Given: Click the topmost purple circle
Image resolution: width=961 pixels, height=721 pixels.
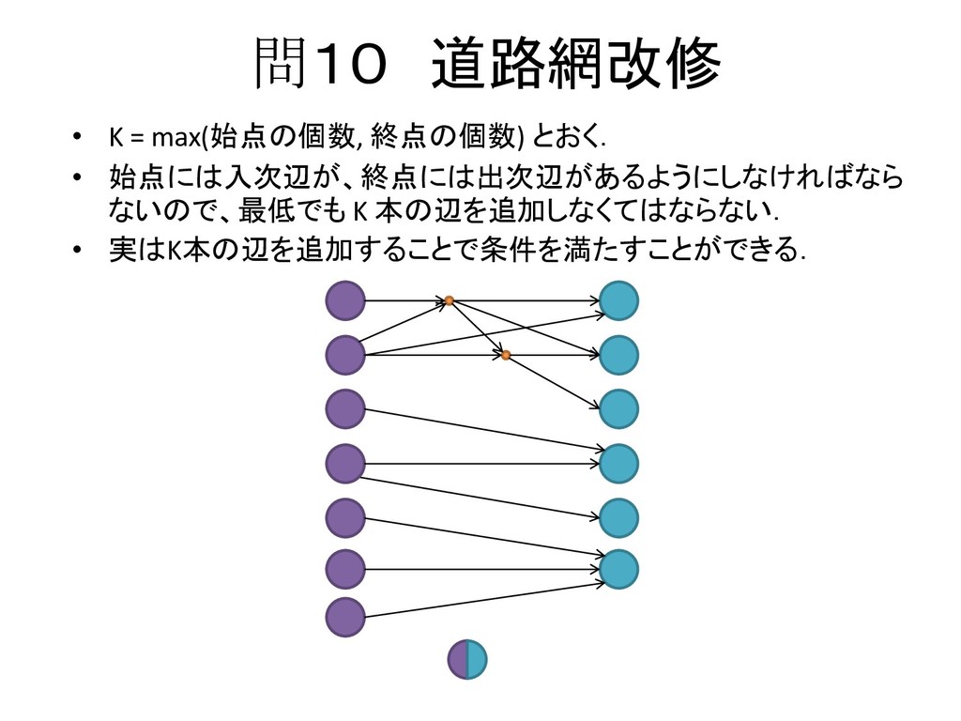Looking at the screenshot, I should tap(344, 300).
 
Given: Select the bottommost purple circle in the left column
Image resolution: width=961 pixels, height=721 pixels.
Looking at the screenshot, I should tap(344, 618).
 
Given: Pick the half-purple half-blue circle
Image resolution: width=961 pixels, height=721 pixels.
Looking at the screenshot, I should tap(467, 659).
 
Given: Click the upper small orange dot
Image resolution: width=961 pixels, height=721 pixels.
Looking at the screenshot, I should tap(449, 300).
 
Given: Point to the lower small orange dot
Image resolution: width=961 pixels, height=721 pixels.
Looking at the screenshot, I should tap(505, 355).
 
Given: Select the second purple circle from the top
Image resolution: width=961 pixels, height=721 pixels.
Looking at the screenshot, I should tap(344, 354).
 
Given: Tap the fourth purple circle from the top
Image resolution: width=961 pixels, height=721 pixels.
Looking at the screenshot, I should tap(344, 463).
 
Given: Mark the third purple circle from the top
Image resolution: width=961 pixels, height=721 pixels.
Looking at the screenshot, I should tap(344, 408).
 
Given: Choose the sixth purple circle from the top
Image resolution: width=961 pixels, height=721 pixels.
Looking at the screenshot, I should tap(344, 568).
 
